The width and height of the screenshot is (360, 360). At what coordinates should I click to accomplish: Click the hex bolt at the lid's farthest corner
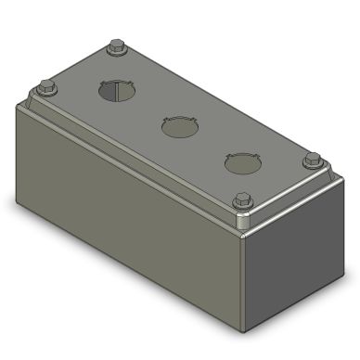[x=116, y=46]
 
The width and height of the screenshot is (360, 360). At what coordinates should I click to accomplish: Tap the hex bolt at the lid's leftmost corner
[x=47, y=89]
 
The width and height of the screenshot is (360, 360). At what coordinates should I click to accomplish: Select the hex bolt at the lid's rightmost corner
[x=313, y=160]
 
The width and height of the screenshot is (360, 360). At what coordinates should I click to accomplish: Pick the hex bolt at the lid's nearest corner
[x=243, y=199]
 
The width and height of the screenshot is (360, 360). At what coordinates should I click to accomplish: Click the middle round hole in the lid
[x=179, y=127]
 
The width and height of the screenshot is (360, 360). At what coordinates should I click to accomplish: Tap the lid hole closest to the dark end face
[x=241, y=163]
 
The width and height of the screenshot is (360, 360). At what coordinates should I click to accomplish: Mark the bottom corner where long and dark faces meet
[x=246, y=330]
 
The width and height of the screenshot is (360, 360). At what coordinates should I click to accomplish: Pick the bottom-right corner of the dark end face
[x=349, y=275]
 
